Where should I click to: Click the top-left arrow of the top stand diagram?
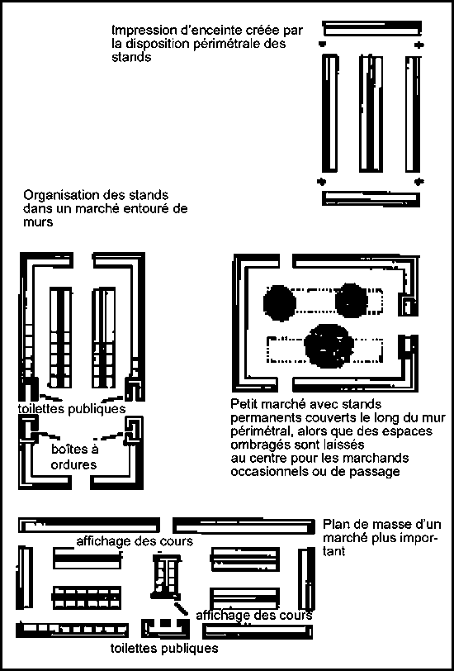tap(323, 43)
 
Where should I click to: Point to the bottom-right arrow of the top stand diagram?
tap(420, 181)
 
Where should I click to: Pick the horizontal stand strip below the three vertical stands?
tap(372, 197)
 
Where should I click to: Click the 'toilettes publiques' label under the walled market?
tap(71, 409)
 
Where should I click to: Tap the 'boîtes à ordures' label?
tap(70, 456)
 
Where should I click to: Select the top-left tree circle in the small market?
tap(279, 302)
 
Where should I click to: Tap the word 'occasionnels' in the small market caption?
tap(272, 471)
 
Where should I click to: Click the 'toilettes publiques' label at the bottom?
tap(164, 649)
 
